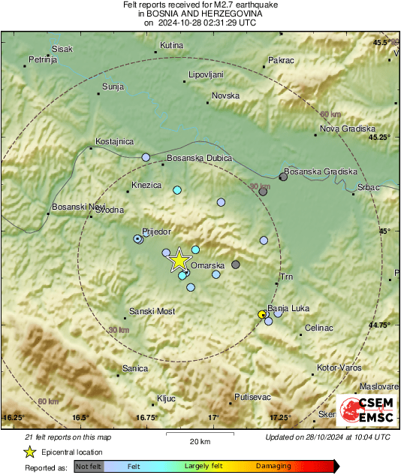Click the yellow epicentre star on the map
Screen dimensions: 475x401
click(x=179, y=260)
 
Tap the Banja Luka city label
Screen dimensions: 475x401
click(x=288, y=308)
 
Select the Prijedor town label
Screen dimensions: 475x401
click(x=157, y=232)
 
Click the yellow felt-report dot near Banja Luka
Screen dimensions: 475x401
click(x=262, y=314)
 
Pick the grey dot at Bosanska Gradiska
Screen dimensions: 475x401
click(x=283, y=177)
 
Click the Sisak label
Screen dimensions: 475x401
click(x=62, y=49)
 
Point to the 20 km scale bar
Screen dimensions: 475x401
click(x=199, y=434)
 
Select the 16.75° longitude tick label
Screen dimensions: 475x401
click(x=146, y=417)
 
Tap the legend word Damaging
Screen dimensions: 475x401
click(x=273, y=466)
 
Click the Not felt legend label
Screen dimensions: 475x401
click(x=89, y=466)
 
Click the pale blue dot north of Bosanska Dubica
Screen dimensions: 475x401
click(x=146, y=157)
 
